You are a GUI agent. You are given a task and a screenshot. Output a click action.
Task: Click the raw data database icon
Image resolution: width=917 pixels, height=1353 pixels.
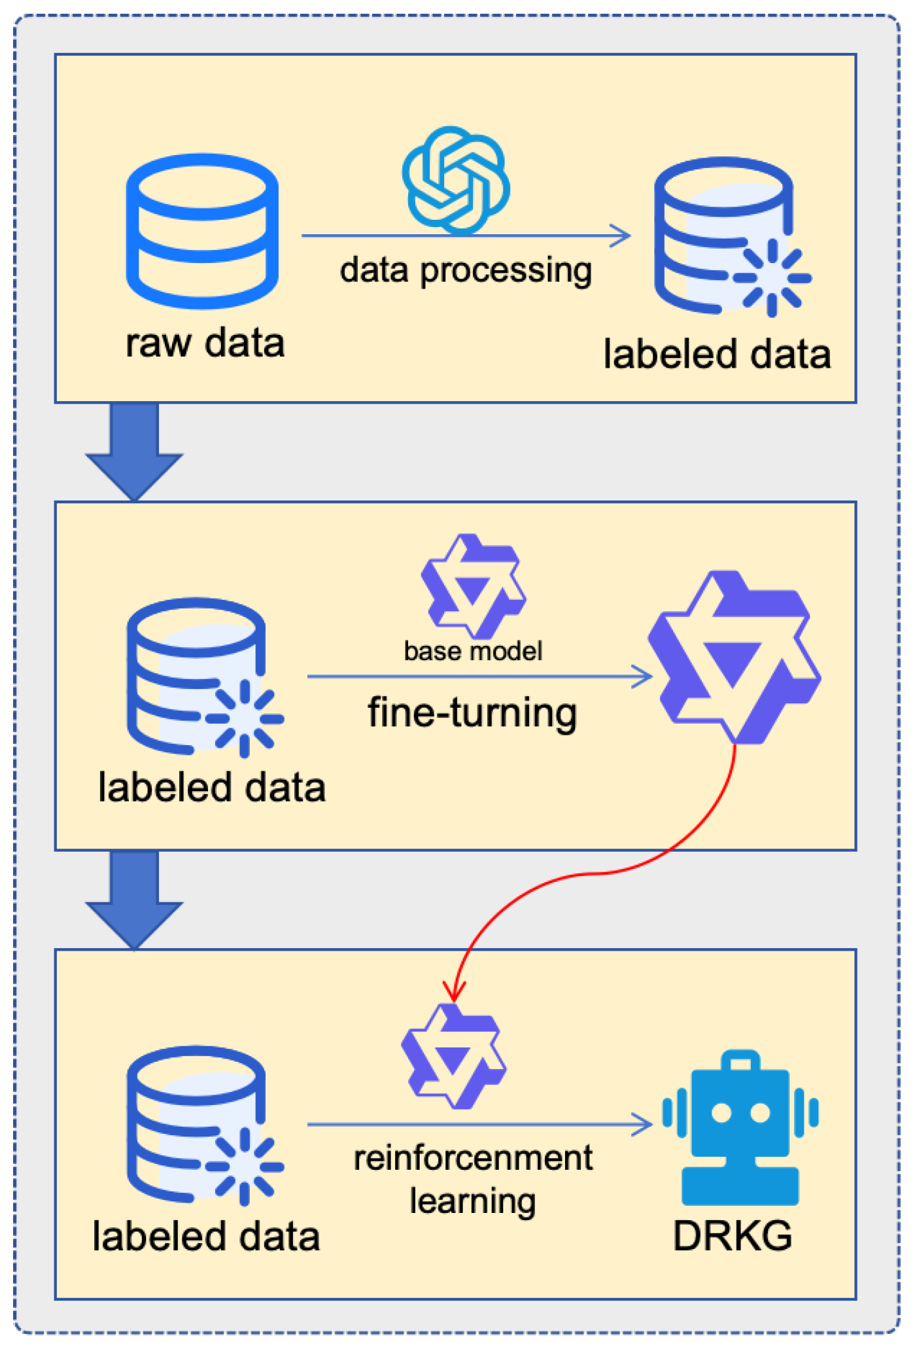[202, 230]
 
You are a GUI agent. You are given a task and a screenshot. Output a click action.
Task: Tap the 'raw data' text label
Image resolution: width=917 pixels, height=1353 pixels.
[205, 343]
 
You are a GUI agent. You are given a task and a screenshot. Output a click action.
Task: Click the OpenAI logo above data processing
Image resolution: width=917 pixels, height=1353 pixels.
[456, 181]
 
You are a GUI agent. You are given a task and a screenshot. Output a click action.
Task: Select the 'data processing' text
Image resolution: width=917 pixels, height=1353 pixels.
[465, 270]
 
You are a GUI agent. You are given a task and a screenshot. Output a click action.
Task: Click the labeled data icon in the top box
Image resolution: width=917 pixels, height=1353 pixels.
[729, 236]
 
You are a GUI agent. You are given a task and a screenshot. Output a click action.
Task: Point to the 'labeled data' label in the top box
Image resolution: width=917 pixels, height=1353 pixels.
[717, 354]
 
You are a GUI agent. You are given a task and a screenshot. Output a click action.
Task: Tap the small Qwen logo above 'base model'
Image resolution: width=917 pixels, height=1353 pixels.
[473, 586]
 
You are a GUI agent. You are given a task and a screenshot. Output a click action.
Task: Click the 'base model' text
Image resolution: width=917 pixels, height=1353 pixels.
[473, 651]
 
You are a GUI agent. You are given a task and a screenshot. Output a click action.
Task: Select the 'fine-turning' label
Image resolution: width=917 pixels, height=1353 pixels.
[472, 712]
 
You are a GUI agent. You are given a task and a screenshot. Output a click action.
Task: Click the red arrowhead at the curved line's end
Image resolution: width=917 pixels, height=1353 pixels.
[454, 992]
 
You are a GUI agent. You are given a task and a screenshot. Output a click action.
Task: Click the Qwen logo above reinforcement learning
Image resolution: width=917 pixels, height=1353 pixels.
[453, 1056]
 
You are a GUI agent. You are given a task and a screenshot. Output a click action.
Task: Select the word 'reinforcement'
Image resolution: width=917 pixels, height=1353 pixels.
[473, 1158]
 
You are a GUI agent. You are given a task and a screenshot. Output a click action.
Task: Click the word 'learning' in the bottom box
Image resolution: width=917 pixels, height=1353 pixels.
[473, 1201]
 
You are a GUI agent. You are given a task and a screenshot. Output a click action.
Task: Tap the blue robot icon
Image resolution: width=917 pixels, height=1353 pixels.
[740, 1129]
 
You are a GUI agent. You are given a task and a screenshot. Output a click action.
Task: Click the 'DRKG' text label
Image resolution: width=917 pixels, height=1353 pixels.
[733, 1236]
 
